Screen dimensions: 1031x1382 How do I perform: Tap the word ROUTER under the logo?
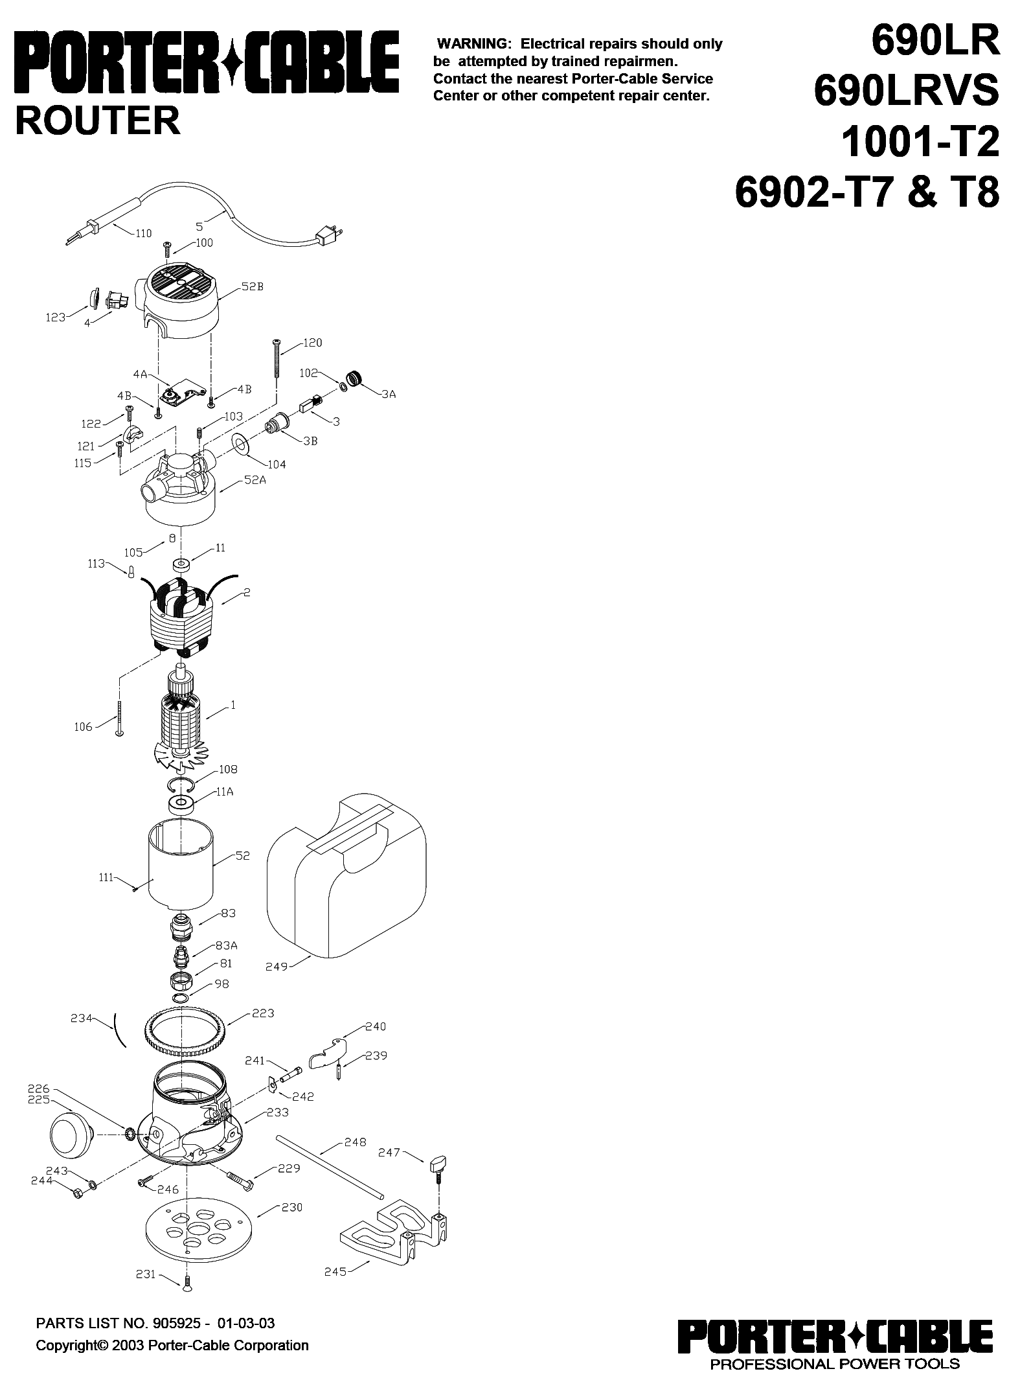tap(98, 121)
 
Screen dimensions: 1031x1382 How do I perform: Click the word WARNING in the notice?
tap(475, 44)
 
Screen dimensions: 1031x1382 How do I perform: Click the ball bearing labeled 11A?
tap(183, 805)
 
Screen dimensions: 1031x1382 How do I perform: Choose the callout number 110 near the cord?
tap(143, 233)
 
